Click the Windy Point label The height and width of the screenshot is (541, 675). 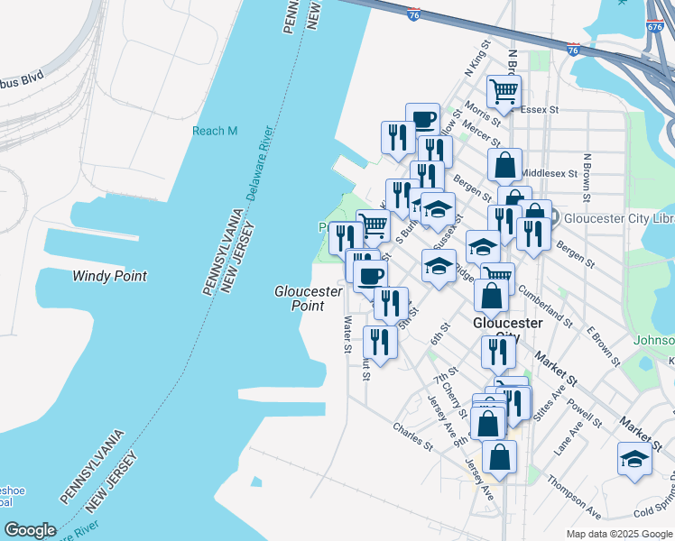pyautogui.click(x=109, y=276)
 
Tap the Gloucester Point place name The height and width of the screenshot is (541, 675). pyautogui.click(x=308, y=298)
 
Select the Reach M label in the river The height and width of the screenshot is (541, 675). pyautogui.click(x=215, y=131)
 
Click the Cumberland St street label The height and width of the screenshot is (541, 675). pyautogui.click(x=544, y=306)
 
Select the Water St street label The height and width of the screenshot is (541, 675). pyautogui.click(x=347, y=334)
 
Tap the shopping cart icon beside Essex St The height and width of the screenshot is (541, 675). pyautogui.click(x=504, y=91)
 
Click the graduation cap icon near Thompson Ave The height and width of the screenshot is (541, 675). pyautogui.click(x=635, y=459)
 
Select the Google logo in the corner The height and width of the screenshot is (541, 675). pyautogui.click(x=30, y=530)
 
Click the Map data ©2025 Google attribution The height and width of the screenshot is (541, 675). pyautogui.click(x=618, y=534)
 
